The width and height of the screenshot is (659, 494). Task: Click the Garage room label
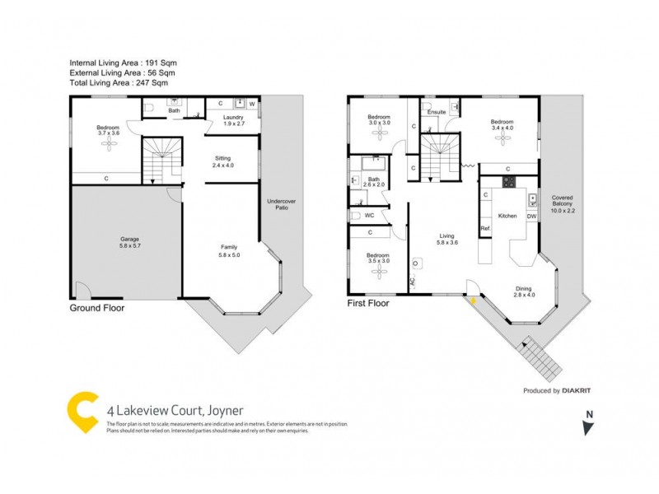pos(126,242)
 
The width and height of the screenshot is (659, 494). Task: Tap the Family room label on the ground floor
pos(228,250)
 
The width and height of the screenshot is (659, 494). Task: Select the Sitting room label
pos(223,161)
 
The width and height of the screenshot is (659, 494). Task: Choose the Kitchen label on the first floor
pos(507,216)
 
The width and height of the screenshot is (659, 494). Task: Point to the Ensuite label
pos(437,112)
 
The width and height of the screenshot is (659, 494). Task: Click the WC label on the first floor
pos(370,216)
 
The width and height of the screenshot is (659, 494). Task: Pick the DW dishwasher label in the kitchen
pos(531,216)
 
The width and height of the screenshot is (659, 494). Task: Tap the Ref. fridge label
pos(485,228)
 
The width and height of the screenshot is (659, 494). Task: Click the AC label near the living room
pos(413,280)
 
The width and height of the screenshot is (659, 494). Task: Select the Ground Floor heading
pos(96,308)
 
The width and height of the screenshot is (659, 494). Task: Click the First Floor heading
pos(368,303)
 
